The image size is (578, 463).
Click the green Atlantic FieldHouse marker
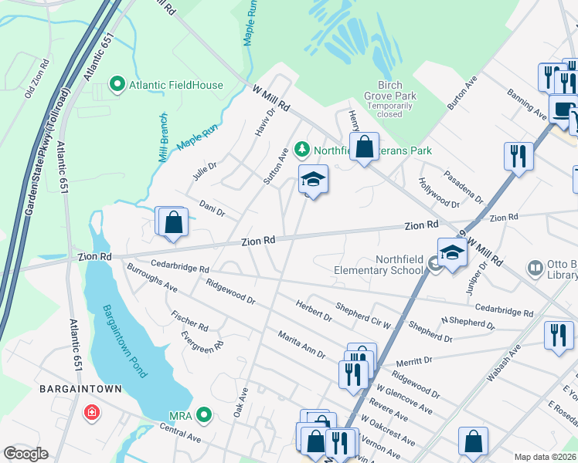[117, 85]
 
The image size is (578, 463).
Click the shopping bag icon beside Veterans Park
[364, 146]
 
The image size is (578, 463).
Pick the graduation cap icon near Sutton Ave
[313, 180]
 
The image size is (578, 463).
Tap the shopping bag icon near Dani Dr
[173, 221]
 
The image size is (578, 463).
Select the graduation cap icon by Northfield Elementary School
[452, 252]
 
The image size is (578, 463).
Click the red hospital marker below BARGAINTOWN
[92, 414]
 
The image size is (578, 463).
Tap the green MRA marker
[204, 416]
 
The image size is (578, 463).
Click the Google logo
[25, 453]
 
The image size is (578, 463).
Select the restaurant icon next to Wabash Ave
[558, 335]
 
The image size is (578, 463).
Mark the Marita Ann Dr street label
[302, 345]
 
